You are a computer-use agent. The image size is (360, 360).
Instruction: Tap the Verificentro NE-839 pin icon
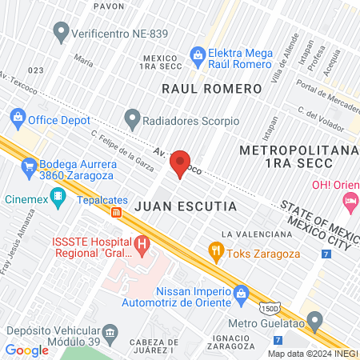tap(60, 33)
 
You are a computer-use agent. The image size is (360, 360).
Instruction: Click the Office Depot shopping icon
tap(18, 118)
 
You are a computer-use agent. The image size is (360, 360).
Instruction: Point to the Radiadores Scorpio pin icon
tap(132, 120)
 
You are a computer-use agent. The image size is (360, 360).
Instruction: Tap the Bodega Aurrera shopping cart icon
tap(29, 166)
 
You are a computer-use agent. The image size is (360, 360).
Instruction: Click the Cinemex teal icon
tap(57, 195)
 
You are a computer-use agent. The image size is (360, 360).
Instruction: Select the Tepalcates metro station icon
tap(117, 213)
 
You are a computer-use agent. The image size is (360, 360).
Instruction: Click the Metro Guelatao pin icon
tap(315, 322)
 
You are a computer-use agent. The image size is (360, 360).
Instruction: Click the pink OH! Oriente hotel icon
tap(349, 204)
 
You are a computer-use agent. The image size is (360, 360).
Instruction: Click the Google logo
tap(26, 350)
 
